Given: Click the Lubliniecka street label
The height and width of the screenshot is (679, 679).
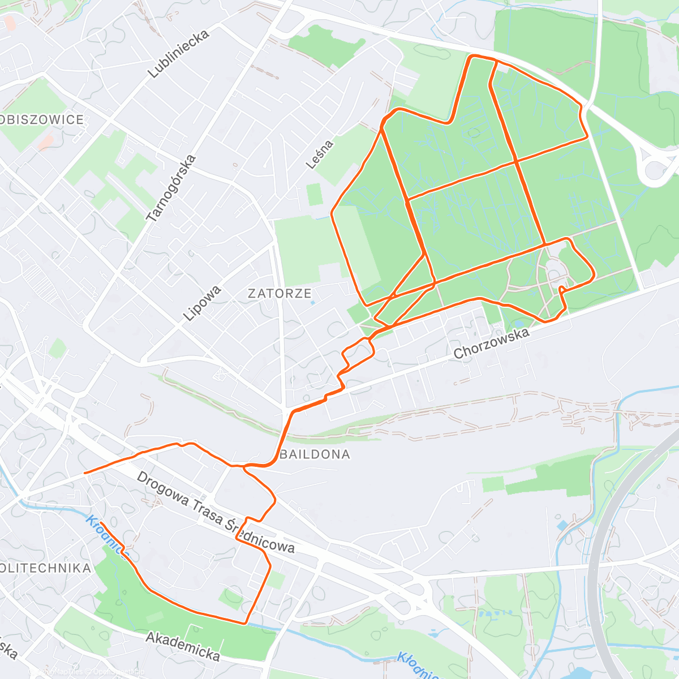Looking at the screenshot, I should point(178,54).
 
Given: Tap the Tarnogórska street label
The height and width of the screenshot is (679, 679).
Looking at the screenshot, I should point(171,188).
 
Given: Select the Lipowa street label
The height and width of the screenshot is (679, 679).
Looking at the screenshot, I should point(202,304).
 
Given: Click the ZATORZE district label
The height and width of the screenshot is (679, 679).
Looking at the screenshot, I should point(280,293).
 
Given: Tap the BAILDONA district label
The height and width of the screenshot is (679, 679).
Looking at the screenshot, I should point(315,454).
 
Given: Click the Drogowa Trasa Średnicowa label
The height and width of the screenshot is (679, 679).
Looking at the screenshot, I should point(216,512).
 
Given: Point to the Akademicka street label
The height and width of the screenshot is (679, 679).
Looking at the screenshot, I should point(183,646).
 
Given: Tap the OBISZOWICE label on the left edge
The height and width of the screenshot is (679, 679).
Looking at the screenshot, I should point(42,119).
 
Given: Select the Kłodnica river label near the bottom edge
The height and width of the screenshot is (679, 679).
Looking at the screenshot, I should point(417,665).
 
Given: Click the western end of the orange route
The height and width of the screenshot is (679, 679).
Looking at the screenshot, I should point(84,472).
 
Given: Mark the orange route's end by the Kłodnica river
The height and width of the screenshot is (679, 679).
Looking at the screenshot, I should point(101,523).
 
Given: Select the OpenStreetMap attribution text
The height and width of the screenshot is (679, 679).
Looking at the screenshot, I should point(116,672).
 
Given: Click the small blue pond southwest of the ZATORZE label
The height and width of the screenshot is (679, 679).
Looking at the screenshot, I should point(313,303).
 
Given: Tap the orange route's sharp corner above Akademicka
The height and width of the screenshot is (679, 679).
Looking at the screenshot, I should point(245,623).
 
